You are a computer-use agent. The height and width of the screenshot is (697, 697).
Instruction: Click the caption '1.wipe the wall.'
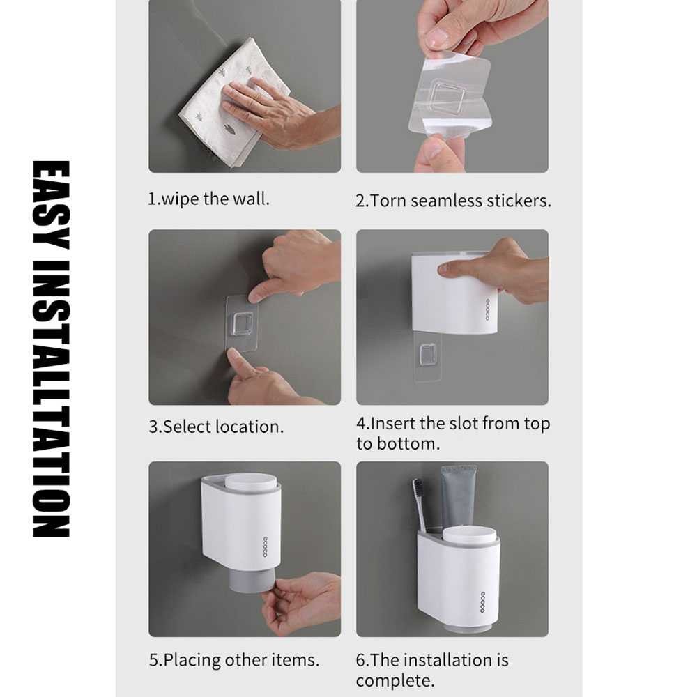208,199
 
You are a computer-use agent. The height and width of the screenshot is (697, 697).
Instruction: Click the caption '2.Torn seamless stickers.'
453,201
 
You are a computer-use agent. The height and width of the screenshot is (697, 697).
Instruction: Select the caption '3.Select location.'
216,427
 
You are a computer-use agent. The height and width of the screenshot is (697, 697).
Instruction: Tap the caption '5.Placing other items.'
234,659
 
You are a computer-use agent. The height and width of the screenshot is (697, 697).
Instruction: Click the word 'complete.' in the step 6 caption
395,680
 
